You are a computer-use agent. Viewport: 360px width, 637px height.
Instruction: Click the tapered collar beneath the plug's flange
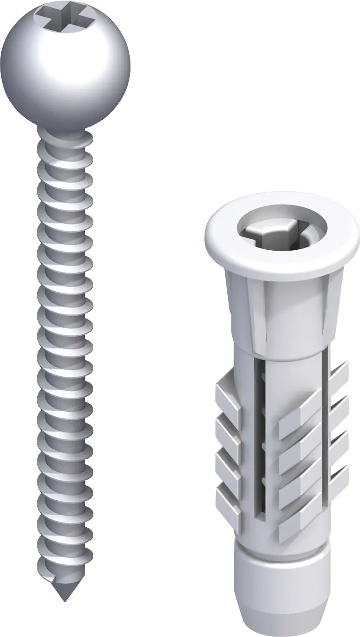click(282, 312)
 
